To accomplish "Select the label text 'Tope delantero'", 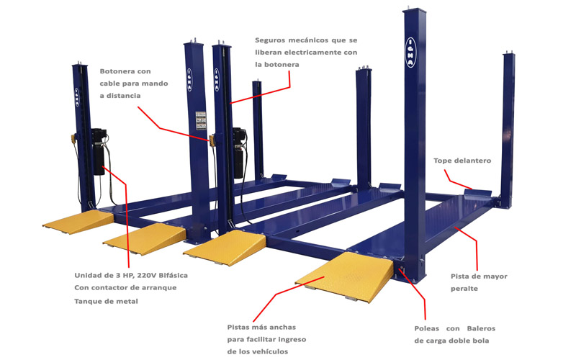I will [462, 161].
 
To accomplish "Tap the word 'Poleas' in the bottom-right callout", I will [428, 328].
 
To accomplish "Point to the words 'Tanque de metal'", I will [106, 301].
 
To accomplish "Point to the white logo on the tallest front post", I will [409, 51].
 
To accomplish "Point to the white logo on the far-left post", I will [78, 96].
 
